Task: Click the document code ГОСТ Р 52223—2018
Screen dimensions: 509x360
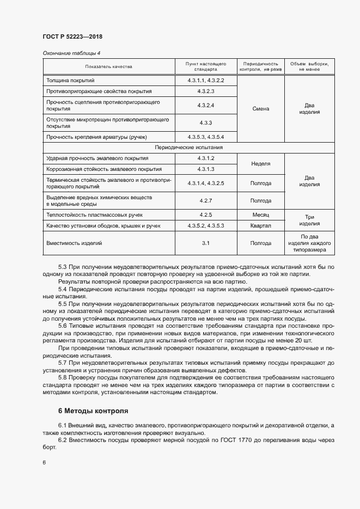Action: point(72,36)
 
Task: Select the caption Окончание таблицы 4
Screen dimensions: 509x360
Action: point(71,53)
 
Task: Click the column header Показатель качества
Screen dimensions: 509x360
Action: point(108,66)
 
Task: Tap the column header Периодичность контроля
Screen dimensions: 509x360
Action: point(261,66)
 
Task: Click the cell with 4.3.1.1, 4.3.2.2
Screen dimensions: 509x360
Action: point(206,81)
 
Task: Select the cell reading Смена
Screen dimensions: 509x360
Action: point(261,108)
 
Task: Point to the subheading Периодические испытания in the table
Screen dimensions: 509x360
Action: point(188,148)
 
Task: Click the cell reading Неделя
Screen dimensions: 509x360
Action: point(261,163)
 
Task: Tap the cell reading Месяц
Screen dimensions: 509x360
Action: point(261,215)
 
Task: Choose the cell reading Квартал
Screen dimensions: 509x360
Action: point(261,225)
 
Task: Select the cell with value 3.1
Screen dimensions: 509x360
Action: point(206,243)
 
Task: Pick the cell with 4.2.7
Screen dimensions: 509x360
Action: point(206,200)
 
